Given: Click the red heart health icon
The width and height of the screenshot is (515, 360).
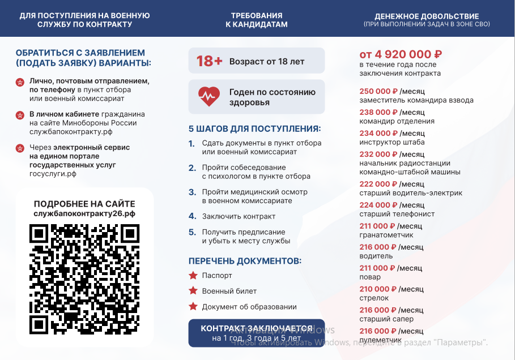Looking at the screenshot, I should tap(208, 97).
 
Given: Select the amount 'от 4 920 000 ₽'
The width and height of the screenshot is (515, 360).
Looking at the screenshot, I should tap(401, 54).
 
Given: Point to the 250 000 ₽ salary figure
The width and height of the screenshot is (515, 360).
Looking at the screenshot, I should tap(378, 91).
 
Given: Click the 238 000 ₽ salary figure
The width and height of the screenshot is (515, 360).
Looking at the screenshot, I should tap(378, 112).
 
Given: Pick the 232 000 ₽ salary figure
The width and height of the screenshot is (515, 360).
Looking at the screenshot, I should tap(378, 154).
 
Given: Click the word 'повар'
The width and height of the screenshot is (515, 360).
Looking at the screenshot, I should tap(370, 277).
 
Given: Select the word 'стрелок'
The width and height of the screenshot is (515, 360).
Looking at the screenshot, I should tap(374, 298).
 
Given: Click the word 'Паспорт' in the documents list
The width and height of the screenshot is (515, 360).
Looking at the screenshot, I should tap(217, 276).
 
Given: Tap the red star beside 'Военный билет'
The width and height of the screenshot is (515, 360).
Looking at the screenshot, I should tap(193, 291).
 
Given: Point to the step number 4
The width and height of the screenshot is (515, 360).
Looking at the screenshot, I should tap(192, 216).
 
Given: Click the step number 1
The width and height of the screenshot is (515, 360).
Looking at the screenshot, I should tap(191, 143).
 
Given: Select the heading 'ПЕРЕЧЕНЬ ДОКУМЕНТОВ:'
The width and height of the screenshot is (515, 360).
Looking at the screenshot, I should tap(245, 261).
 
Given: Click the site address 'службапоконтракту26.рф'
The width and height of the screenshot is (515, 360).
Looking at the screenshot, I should tap(84, 213).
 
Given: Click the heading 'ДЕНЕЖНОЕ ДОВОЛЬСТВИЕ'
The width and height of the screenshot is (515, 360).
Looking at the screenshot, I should tap(427, 16).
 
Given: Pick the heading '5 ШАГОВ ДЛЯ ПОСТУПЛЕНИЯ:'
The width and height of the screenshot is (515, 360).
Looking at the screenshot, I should tap(254, 128).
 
